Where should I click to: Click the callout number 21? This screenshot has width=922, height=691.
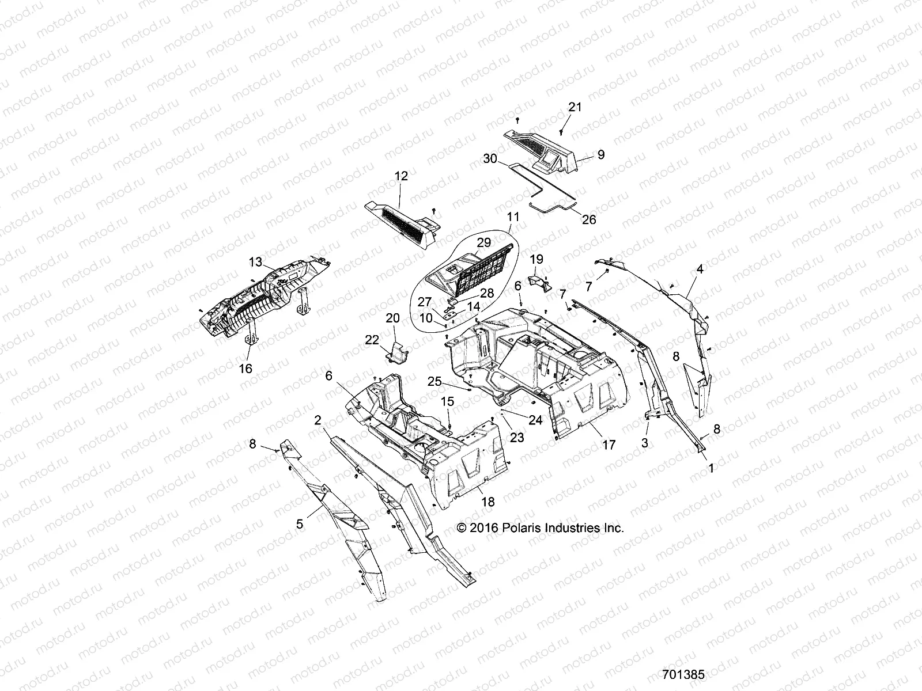pos(575,107)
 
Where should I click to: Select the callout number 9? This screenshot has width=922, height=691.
pos(600,154)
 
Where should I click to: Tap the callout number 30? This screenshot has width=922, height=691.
pos(490,158)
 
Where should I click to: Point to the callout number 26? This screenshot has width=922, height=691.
pos(589,219)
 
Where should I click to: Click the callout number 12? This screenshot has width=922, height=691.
pos(401,176)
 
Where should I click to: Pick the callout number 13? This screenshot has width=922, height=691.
pos(255,262)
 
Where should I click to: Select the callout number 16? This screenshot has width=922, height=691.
pos(245,369)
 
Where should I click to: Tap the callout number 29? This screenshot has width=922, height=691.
pos(484,242)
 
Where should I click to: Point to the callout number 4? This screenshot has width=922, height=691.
pos(700,268)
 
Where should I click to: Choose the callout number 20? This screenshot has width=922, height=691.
pos(392,317)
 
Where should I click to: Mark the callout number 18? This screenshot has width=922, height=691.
pos(488,502)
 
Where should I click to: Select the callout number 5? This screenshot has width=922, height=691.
pos(300,523)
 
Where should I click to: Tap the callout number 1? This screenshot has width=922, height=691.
pos(711,469)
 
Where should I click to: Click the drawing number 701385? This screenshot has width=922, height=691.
pos(683,674)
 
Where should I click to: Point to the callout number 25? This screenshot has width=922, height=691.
pos(434,381)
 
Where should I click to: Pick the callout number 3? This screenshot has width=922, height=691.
pos(645,443)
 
